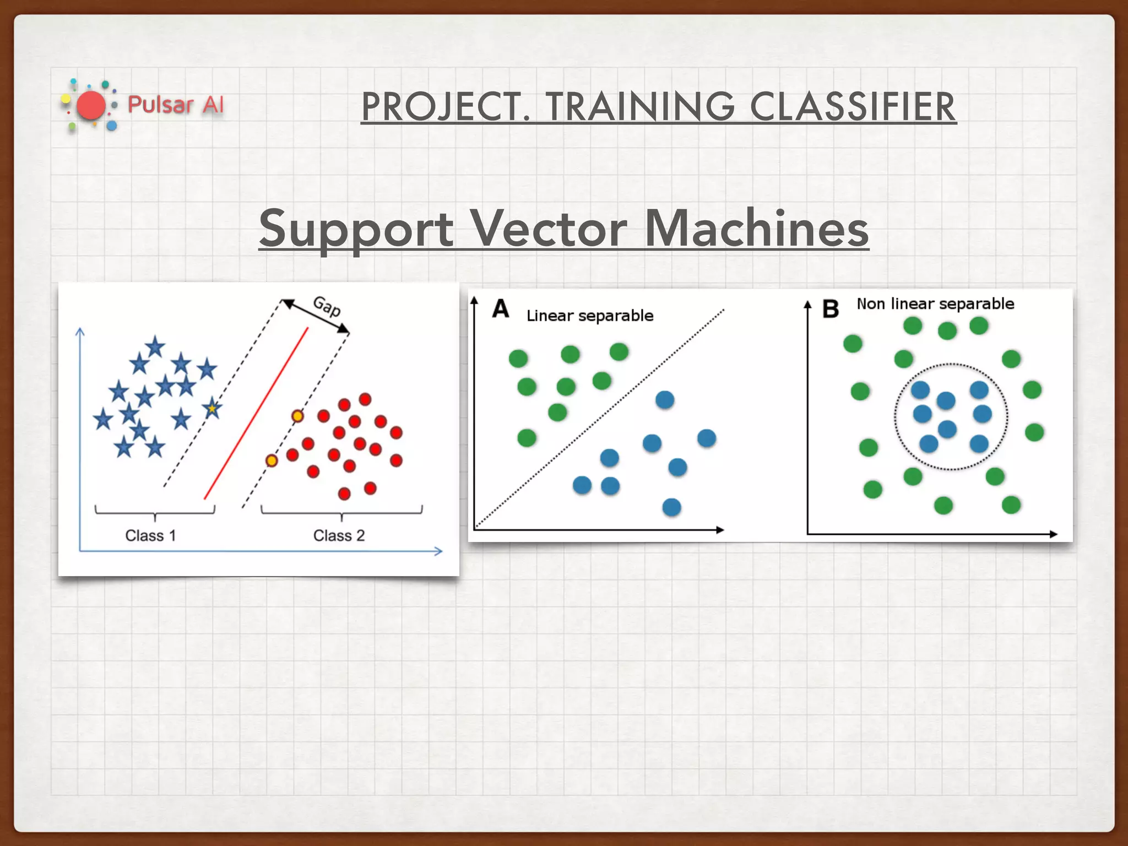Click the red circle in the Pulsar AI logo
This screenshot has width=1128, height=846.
click(91, 106)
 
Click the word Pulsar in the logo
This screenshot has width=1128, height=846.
click(160, 105)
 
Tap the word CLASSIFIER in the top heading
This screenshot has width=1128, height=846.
click(853, 107)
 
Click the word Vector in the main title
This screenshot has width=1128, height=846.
click(548, 229)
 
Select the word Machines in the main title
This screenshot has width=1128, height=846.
click(756, 229)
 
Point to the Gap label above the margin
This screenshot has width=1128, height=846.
click(327, 306)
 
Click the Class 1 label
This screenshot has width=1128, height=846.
click(150, 535)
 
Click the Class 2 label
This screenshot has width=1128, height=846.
click(339, 535)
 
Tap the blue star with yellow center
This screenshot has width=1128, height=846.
click(212, 409)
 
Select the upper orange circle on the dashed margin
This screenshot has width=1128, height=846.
click(297, 416)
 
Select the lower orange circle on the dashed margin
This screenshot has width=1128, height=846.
click(272, 460)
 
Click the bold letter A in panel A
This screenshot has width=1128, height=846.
click(500, 309)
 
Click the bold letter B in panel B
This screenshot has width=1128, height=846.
click(830, 309)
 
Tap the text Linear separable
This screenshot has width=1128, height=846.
click(589, 316)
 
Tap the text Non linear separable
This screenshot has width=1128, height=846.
click(935, 304)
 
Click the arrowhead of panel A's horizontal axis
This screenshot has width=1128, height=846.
click(720, 530)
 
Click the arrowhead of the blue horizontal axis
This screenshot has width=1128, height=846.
click(438, 551)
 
